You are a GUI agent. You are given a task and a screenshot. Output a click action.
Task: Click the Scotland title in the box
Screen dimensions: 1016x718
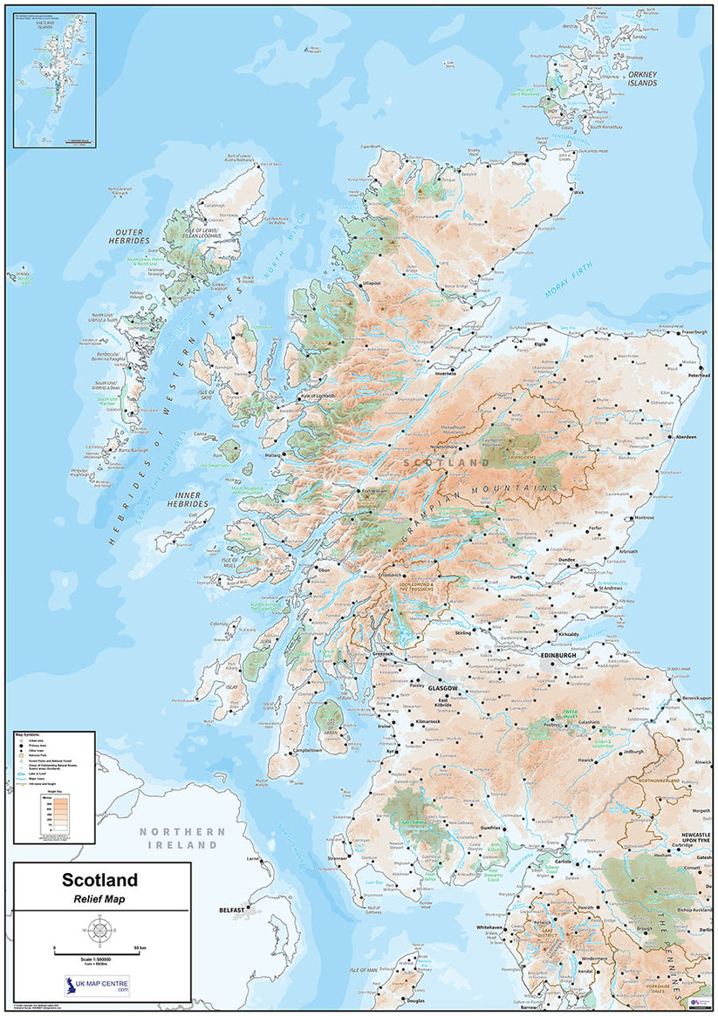point(99,882)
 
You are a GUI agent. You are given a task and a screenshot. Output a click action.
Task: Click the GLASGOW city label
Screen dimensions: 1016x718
point(441,687)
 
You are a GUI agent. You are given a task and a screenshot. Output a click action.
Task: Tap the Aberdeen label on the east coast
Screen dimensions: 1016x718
point(685,437)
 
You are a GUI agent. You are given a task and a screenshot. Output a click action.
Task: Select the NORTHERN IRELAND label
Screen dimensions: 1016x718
point(182,839)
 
